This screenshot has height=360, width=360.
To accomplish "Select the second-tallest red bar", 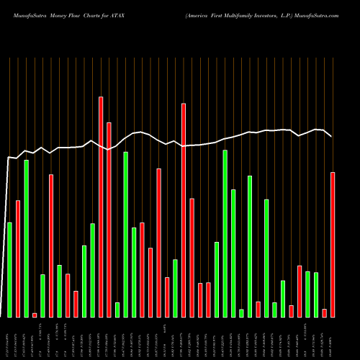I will pos(184,210).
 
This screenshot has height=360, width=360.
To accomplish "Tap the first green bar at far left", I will pos(9,269).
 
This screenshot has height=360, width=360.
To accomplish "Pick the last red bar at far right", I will pos(333,244).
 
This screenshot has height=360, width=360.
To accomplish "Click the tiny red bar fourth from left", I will pos(35,315).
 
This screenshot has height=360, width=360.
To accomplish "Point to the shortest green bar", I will pos(241,312).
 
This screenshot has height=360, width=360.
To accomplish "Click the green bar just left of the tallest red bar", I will pos(92,270).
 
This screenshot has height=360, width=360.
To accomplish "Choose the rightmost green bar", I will pos(316,294).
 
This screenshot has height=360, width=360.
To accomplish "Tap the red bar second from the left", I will pos(18,258).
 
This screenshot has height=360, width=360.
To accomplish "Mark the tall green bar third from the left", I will pos(26,238).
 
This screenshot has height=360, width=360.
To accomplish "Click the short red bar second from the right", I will pos(325,312).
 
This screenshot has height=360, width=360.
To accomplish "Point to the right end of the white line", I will pos(331,136).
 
